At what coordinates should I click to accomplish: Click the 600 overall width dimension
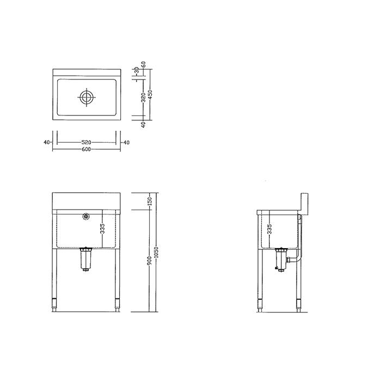(x=86, y=149)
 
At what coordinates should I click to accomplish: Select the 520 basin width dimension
(x=86, y=143)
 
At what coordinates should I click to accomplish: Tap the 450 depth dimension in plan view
(x=150, y=95)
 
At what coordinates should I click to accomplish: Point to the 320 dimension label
(x=143, y=97)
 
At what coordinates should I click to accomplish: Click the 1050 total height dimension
(x=156, y=252)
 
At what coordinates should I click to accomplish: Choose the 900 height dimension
(x=150, y=261)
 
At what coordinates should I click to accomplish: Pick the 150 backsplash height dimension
(x=150, y=201)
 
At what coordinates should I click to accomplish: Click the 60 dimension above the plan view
(x=144, y=64)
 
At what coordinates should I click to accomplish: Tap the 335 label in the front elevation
(x=102, y=229)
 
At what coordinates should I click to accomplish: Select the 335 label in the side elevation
(x=269, y=229)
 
